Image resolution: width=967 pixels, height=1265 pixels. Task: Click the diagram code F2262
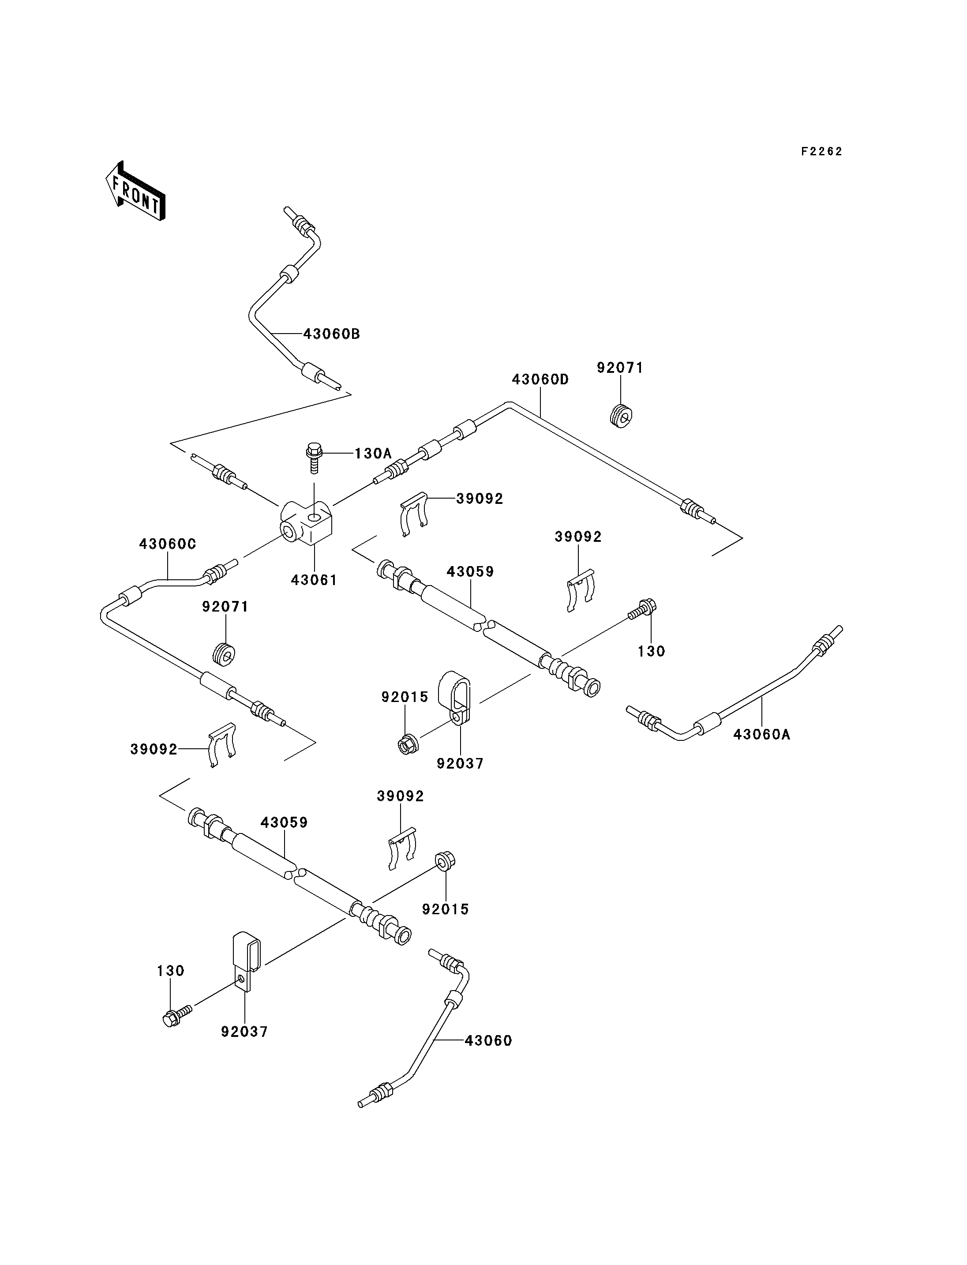click(821, 151)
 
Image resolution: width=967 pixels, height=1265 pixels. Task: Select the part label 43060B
click(332, 334)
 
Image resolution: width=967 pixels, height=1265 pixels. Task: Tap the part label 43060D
click(540, 379)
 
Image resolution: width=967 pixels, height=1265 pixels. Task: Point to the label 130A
click(373, 454)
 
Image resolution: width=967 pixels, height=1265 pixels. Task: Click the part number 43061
click(314, 580)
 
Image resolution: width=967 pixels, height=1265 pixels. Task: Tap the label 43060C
click(168, 544)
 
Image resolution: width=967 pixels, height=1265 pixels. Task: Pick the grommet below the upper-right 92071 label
click(621, 416)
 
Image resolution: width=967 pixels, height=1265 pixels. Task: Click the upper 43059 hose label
click(470, 572)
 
